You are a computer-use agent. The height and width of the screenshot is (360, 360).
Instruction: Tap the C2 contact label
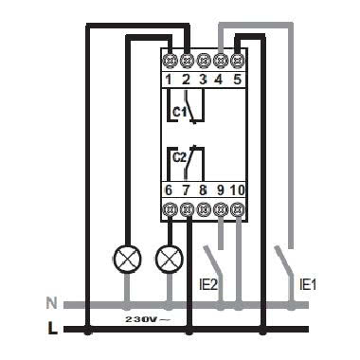[178, 158]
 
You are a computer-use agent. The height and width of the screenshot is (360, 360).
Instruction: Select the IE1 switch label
[306, 283]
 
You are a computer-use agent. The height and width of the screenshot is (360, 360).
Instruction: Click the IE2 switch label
[214, 283]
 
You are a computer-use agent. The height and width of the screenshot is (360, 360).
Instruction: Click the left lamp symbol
[125, 257]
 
